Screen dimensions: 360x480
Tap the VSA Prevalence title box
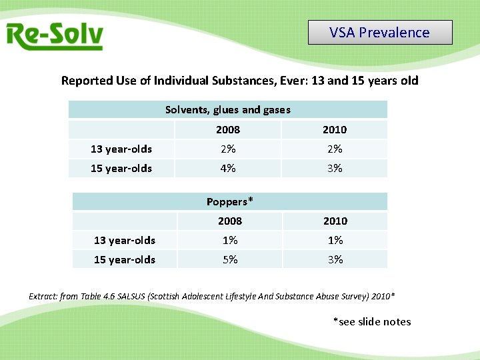(x=380, y=32)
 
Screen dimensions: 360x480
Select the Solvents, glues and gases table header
(x=228, y=109)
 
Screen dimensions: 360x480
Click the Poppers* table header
(x=230, y=201)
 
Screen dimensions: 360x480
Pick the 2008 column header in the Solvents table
(x=228, y=129)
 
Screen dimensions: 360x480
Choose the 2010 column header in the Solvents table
(x=335, y=129)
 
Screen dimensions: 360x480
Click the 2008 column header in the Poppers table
(x=230, y=221)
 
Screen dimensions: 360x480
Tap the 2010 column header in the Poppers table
(x=335, y=221)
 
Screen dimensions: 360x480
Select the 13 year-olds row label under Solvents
(x=121, y=149)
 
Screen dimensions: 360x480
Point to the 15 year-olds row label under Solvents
(x=121, y=168)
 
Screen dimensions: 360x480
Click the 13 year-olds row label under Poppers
(x=125, y=240)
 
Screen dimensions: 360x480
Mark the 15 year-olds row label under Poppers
(x=125, y=259)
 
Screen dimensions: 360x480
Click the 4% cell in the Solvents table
(x=228, y=168)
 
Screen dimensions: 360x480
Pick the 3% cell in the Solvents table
(x=335, y=168)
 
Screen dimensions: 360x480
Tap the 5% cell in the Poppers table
(x=230, y=259)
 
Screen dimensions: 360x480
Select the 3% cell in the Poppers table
(x=335, y=259)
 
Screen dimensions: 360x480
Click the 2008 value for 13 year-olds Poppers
(x=230, y=240)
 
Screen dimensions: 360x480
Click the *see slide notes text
(x=372, y=322)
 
